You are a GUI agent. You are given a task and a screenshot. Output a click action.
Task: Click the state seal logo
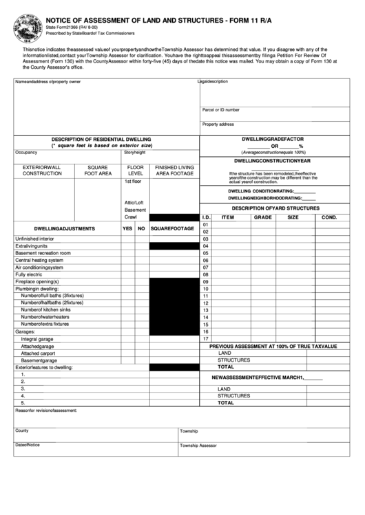[23, 24]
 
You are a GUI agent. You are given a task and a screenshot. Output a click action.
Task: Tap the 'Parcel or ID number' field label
[220, 109]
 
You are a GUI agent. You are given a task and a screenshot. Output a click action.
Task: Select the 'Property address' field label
[218, 124]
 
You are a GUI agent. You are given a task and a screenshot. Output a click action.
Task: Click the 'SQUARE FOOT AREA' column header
[98, 170]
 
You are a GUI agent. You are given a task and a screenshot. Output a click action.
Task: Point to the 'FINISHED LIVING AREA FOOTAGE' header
[174, 170]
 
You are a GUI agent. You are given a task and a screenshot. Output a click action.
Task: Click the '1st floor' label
[133, 182]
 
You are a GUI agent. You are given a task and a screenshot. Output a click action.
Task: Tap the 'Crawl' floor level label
[131, 217]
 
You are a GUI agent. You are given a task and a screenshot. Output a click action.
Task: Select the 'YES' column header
[127, 228]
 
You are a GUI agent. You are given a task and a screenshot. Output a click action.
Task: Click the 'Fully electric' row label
[29, 275]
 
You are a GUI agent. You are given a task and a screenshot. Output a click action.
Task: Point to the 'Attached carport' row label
[38, 353]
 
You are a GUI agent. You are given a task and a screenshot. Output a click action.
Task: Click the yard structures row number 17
[205, 339]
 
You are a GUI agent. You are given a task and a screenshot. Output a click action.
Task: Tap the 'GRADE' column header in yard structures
[262, 217]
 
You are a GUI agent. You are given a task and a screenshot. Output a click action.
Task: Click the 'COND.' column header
[328, 217]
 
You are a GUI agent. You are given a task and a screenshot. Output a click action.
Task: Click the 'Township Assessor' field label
[198, 445]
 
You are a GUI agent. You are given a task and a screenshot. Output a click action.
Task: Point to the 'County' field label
[22, 430]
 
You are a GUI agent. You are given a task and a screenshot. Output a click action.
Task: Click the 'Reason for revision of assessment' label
[46, 410]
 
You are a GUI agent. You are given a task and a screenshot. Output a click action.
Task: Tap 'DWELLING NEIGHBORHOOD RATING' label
[264, 197]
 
